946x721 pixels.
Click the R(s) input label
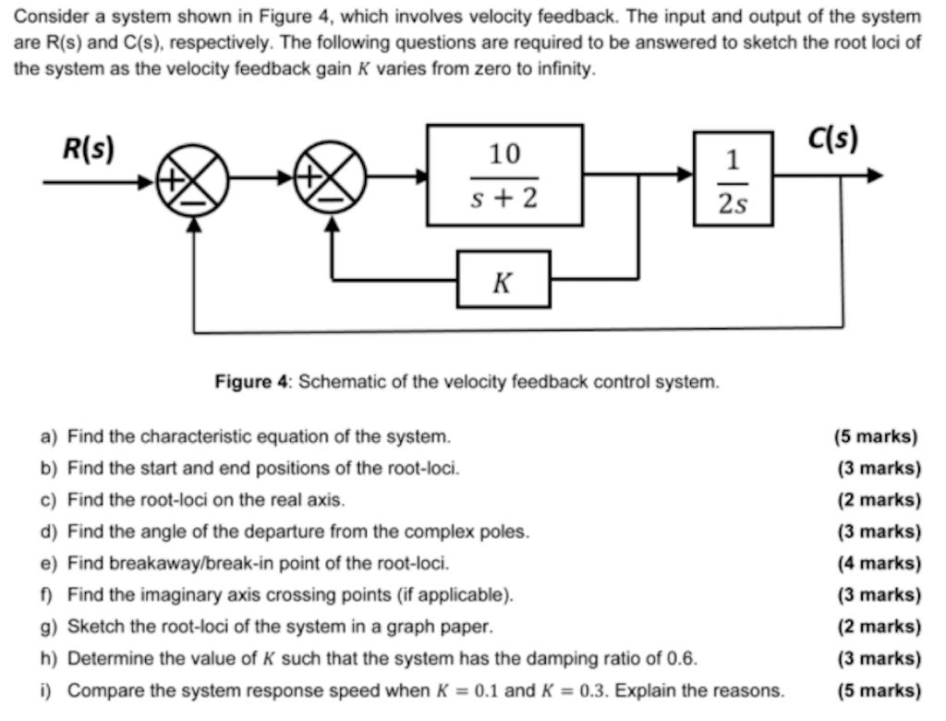coord(88,148)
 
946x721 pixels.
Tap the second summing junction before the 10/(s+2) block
coord(330,177)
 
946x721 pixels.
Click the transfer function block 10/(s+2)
coord(504,176)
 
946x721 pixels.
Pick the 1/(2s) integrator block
coord(733,178)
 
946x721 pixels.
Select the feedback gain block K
coord(503,279)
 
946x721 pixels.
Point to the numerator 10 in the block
coord(504,153)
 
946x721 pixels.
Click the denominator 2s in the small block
coord(733,204)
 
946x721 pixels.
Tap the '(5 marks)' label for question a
coord(875,435)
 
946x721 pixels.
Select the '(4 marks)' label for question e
coord(879,563)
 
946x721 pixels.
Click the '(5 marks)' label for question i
coord(879,690)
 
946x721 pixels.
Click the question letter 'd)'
coord(49,532)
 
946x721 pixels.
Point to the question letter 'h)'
coord(49,659)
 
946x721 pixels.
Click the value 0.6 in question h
coord(681,659)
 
